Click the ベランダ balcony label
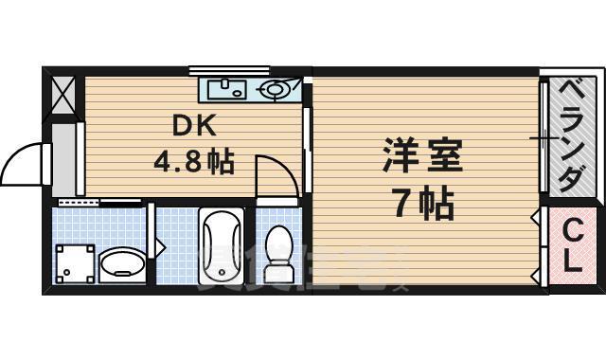tap(569, 135)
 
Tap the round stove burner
tap(274, 91)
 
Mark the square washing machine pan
tap(76, 263)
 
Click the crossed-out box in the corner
tap(63, 94)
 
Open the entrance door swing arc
tap(24, 161)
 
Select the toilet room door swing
tap(276, 175)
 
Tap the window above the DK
tap(228, 69)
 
